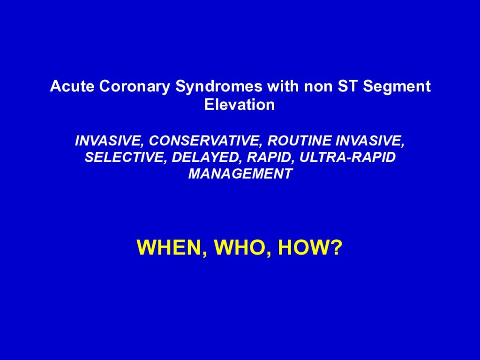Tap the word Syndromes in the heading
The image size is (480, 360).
click(x=219, y=87)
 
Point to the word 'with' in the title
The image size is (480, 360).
click(x=283, y=86)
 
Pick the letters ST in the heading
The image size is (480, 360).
click(x=348, y=86)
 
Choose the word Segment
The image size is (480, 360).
click(x=397, y=87)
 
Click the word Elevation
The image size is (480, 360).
click(x=240, y=105)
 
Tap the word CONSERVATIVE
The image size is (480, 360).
click(x=207, y=141)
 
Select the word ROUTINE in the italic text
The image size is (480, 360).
click(x=300, y=141)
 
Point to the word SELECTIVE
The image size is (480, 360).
click(x=126, y=157)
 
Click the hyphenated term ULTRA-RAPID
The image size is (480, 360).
click(x=347, y=157)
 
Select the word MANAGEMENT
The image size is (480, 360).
click(x=240, y=174)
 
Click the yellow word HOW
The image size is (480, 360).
click(x=303, y=247)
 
